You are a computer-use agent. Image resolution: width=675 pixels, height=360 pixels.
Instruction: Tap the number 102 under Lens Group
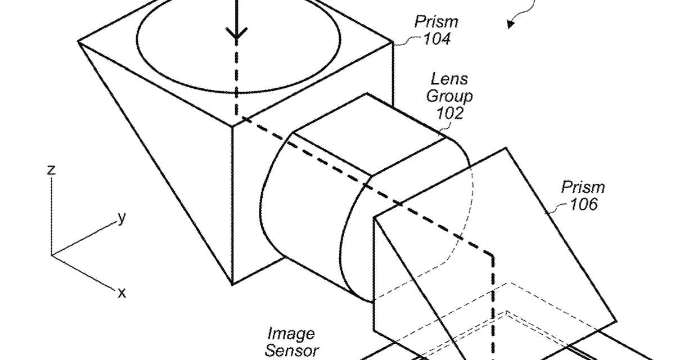point(450,113)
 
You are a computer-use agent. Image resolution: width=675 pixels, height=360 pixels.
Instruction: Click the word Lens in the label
point(449,79)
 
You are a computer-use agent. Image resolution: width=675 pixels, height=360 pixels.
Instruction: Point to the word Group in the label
point(449,96)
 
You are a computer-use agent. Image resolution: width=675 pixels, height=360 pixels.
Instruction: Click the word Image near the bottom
point(291,334)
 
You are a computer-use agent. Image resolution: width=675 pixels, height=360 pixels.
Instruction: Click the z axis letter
point(51,169)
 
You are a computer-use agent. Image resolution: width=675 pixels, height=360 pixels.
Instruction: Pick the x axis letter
point(121,292)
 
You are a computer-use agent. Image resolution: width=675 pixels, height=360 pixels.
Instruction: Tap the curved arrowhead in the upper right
point(511,22)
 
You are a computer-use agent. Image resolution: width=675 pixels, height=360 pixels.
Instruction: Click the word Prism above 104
point(436,22)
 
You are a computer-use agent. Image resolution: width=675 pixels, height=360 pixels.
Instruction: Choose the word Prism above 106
point(583,187)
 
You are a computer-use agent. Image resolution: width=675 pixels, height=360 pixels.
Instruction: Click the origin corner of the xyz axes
point(52,255)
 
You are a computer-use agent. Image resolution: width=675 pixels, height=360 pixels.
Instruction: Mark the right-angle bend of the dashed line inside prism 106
point(493,255)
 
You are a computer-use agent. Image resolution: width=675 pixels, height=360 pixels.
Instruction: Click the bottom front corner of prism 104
point(233,284)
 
